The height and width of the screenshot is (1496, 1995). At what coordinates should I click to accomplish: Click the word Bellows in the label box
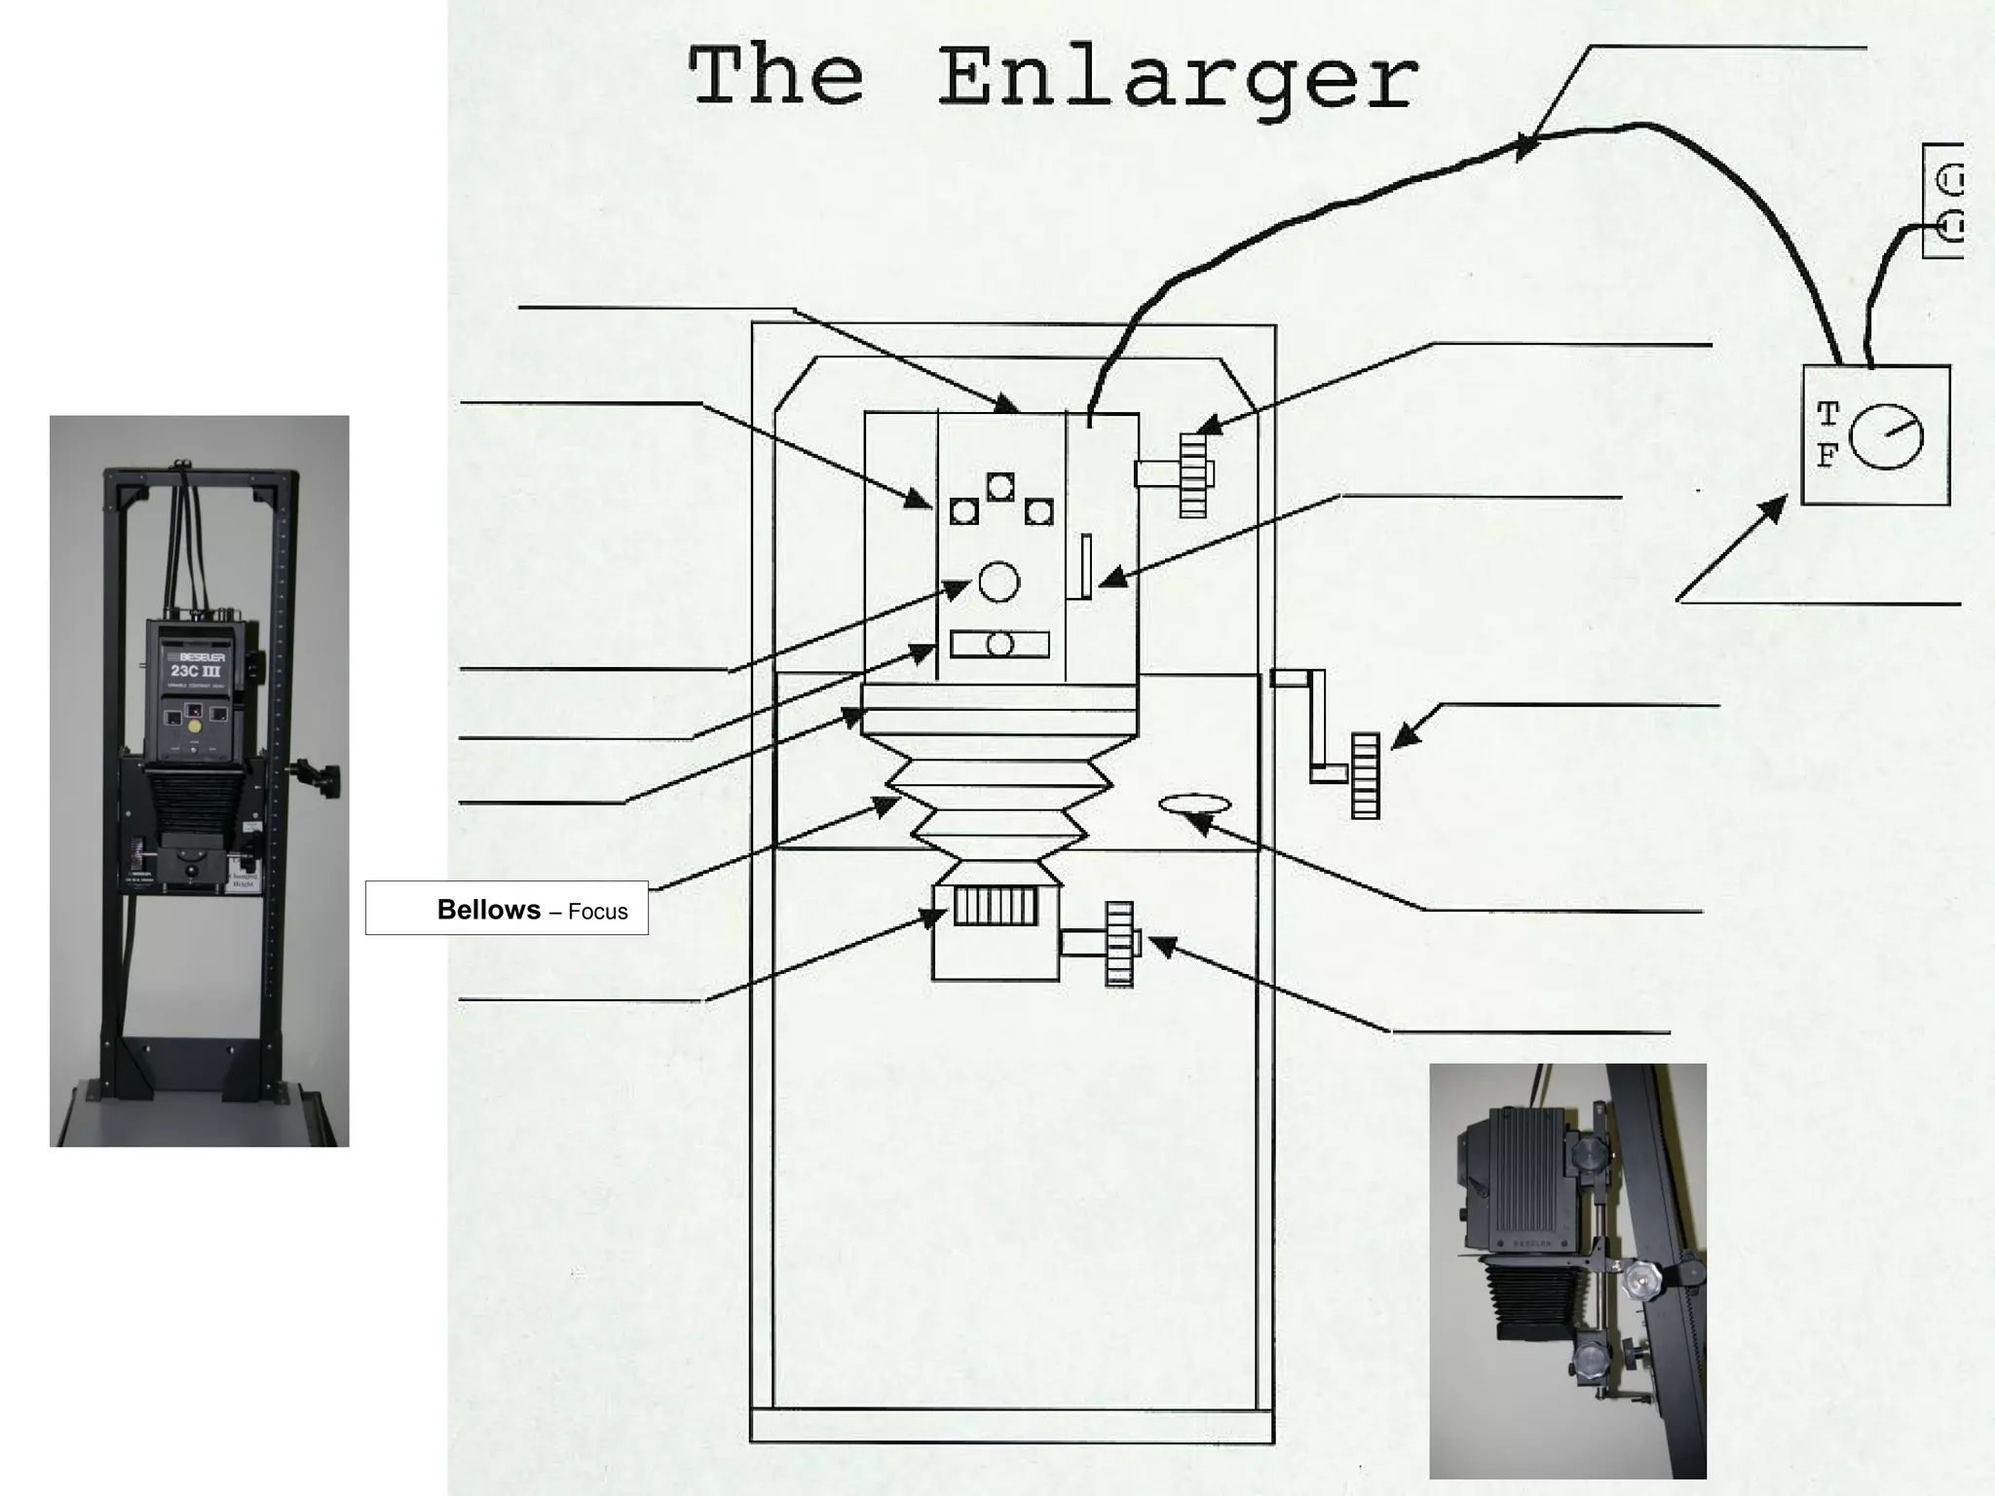click(488, 909)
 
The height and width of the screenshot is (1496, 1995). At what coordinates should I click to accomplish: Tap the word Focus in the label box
click(597, 912)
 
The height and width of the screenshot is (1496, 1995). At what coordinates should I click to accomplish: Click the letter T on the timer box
click(1827, 415)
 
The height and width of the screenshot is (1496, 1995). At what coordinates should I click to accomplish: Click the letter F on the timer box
click(1827, 455)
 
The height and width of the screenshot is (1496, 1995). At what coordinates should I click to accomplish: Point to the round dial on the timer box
click(1886, 436)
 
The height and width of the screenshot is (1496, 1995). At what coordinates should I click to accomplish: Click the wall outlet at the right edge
click(1944, 201)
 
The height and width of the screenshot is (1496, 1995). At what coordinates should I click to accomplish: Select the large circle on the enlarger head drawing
click(998, 581)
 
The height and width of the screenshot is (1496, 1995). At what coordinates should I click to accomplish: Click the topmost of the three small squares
click(1000, 486)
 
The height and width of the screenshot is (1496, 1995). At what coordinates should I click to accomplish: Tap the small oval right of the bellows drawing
click(1194, 804)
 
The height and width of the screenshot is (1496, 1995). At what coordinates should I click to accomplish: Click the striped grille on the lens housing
click(995, 906)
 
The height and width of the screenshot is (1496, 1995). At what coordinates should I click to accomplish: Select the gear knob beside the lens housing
click(1119, 944)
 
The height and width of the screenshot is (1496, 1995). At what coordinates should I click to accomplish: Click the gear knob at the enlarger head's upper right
click(1193, 474)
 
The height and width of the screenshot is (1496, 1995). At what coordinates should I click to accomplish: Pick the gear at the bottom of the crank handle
click(1365, 775)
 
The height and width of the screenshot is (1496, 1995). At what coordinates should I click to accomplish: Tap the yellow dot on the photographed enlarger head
click(195, 726)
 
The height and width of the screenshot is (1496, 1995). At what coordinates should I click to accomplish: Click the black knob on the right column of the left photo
click(322, 779)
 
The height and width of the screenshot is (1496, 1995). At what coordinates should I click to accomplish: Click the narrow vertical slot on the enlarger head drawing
click(1085, 566)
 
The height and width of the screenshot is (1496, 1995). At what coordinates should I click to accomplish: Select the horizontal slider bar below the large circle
click(999, 644)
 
